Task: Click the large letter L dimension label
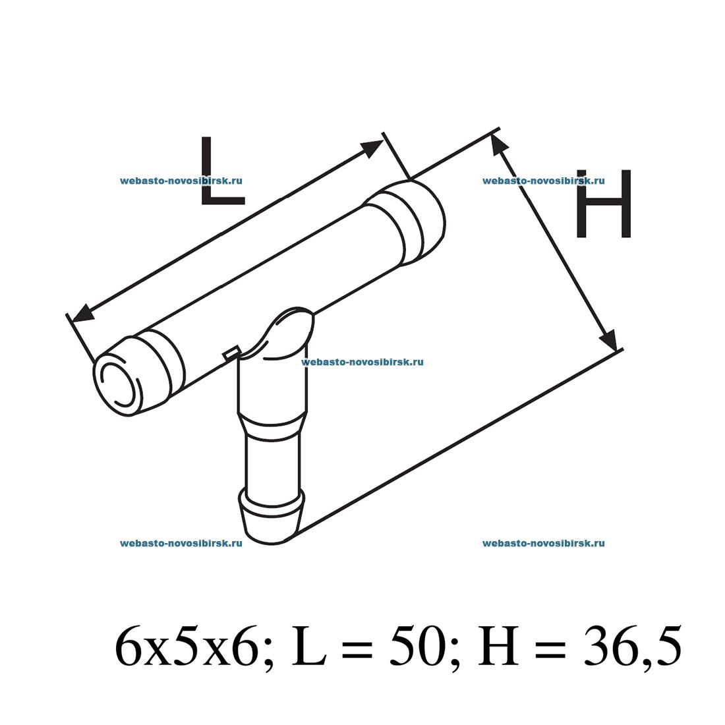coord(222,171)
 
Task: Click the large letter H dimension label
coord(604,204)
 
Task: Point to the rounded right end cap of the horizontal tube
coord(419,223)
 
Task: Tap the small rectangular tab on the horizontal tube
coord(231,353)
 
